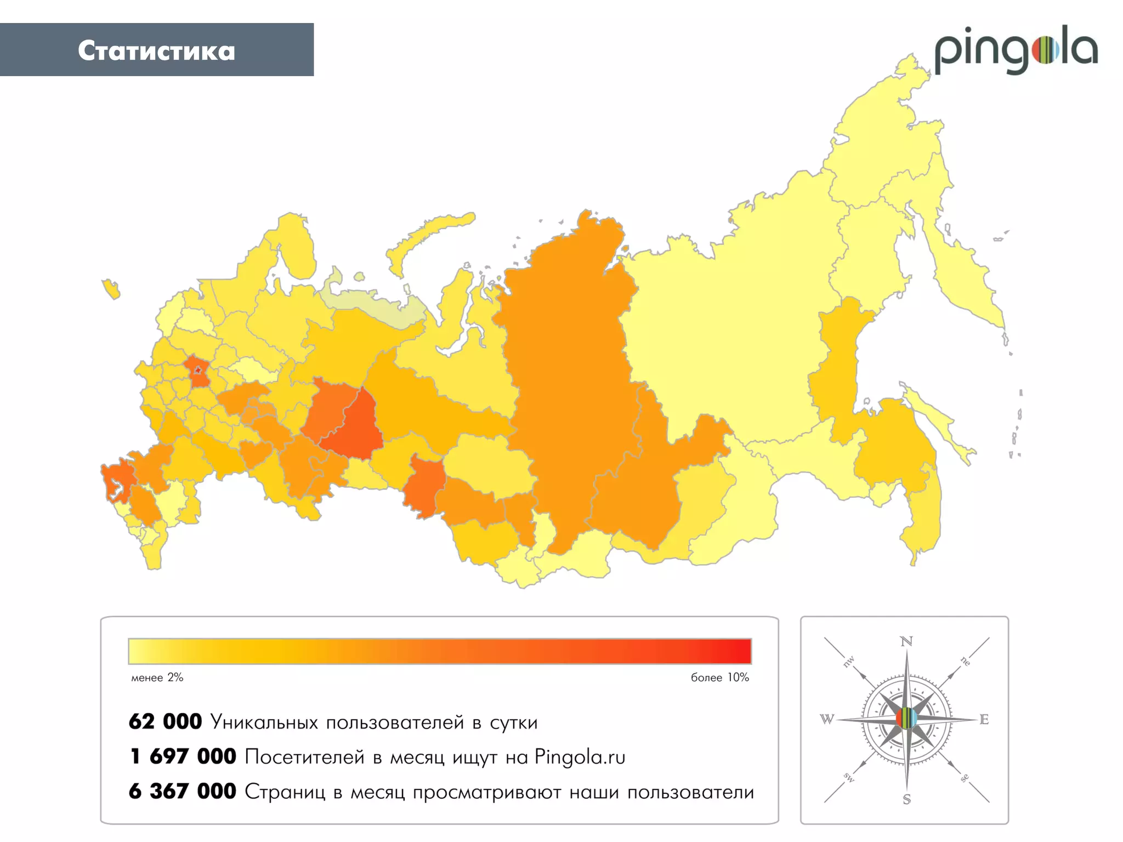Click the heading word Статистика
pyautogui.click(x=156, y=51)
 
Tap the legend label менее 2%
pyautogui.click(x=157, y=678)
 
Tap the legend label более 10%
pyautogui.click(x=719, y=678)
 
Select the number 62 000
pyautogui.click(x=165, y=722)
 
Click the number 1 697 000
pyautogui.click(x=183, y=757)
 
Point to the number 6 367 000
pyautogui.click(x=183, y=792)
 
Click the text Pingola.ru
pyautogui.click(x=580, y=757)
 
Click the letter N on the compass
pyautogui.click(x=906, y=641)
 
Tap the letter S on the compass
pyautogui.click(x=906, y=799)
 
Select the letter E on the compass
pyautogui.click(x=984, y=720)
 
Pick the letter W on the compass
pyautogui.click(x=827, y=719)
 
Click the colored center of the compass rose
pyautogui.click(x=906, y=718)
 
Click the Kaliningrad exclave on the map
pyautogui.click(x=111, y=288)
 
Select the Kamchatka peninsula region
pyautogui.click(x=965, y=274)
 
